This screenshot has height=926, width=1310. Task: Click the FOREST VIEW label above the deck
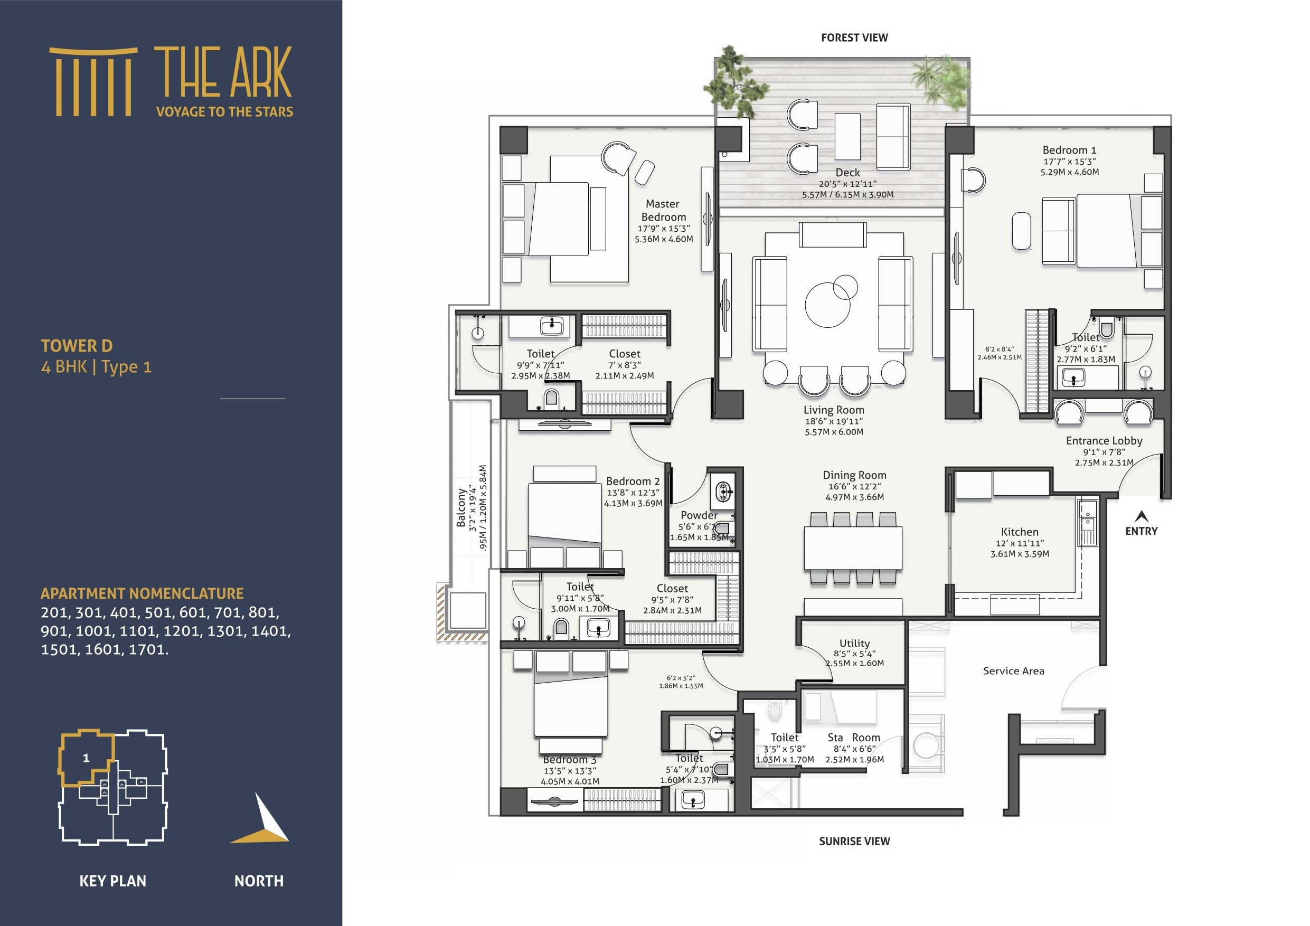tap(854, 37)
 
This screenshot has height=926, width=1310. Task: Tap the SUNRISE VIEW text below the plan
tap(854, 841)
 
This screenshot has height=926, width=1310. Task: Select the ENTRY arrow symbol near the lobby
tap(1141, 516)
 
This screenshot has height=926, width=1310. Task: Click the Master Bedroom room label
tap(663, 210)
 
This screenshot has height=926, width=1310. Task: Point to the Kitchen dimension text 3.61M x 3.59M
tap(1019, 553)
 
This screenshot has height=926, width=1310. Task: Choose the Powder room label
tap(699, 515)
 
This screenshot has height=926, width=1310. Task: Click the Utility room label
tap(854, 643)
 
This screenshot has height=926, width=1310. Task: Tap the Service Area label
tap(1013, 671)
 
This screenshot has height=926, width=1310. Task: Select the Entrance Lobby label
tap(1104, 440)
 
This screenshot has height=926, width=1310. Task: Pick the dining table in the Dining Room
tap(852, 547)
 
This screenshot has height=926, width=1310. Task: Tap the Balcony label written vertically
tap(461, 507)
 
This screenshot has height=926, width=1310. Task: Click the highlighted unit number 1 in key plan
tap(86, 758)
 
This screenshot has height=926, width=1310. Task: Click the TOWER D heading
tap(77, 346)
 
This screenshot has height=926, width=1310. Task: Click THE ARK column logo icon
tap(93, 82)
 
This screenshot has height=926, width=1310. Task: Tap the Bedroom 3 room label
tap(569, 759)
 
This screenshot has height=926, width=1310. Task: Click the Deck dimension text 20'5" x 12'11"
tap(847, 184)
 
